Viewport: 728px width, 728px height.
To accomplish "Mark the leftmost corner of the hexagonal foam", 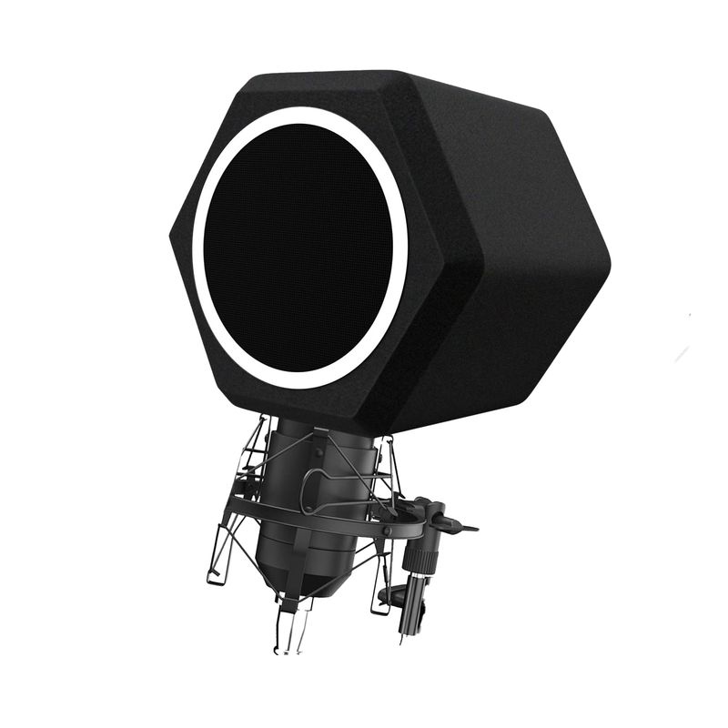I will [x=172, y=234].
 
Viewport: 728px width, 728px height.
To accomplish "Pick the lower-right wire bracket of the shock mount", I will [x=382, y=591].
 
